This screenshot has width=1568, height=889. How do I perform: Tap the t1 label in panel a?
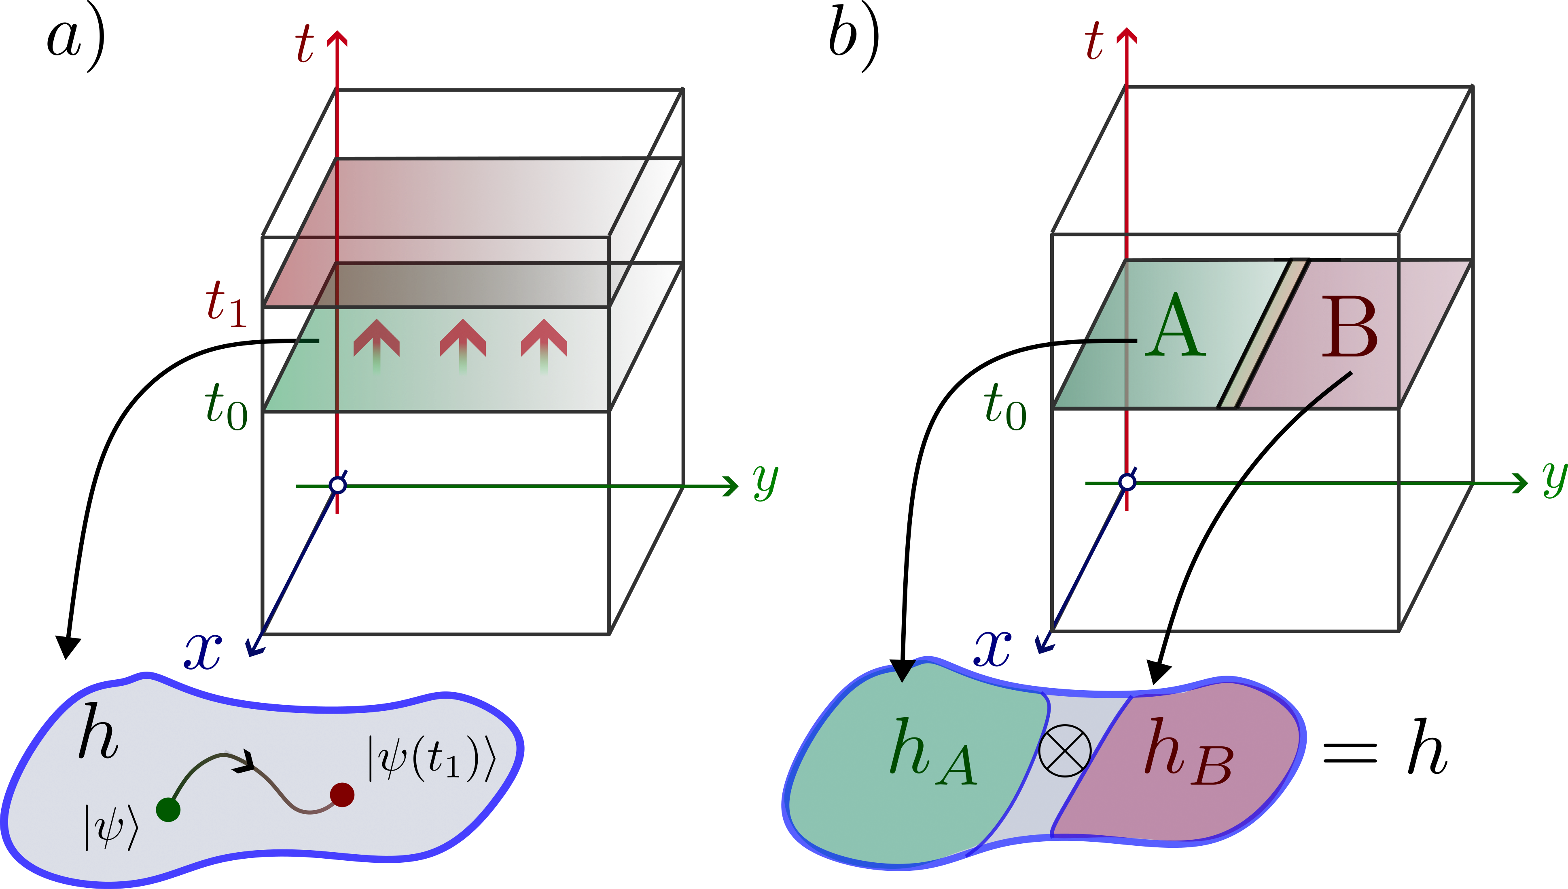click(226, 304)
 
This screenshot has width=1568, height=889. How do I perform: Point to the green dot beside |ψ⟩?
click(168, 810)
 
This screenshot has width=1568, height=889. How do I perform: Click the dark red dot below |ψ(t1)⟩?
click(342, 794)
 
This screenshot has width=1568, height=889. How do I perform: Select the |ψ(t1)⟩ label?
click(431, 758)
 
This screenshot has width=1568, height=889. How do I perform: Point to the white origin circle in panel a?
click(338, 485)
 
